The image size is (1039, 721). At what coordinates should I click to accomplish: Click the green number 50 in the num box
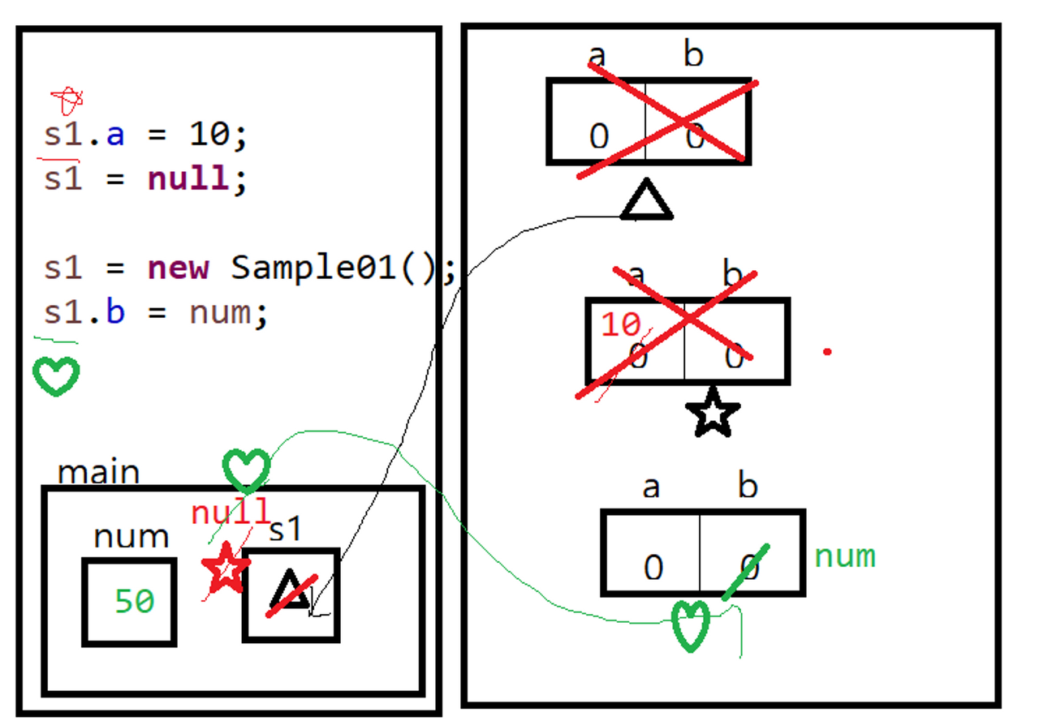(x=134, y=602)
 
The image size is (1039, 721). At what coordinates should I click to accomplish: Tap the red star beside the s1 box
(x=226, y=568)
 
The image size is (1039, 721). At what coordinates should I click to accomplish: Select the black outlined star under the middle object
(x=713, y=414)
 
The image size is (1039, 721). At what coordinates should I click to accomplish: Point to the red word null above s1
(x=230, y=513)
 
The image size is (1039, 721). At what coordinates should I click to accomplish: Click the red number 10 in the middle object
(x=621, y=325)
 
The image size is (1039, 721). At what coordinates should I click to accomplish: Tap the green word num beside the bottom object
(x=845, y=556)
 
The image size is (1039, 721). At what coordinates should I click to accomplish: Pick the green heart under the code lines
(x=56, y=376)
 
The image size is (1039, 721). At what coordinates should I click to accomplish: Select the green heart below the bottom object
(x=690, y=625)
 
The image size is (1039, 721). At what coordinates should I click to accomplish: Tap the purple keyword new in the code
(x=179, y=267)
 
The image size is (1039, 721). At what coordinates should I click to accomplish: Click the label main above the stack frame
(x=98, y=472)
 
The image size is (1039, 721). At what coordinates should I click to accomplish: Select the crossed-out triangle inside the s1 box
(x=290, y=591)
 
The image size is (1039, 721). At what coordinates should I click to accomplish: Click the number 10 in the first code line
(x=210, y=134)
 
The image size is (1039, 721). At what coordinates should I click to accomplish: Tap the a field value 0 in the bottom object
(x=653, y=568)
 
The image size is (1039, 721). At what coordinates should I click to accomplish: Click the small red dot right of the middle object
(x=827, y=352)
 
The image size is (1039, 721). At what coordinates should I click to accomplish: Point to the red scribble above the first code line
(x=67, y=101)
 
